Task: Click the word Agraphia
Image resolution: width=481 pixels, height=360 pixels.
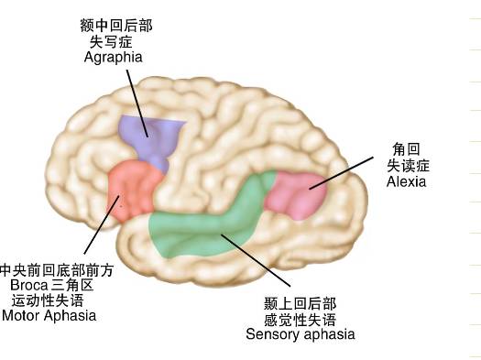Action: point(114,58)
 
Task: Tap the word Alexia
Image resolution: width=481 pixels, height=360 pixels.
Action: point(406,181)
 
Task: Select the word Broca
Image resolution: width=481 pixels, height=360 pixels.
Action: point(29,285)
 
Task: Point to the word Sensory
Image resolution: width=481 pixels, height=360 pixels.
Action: point(274,334)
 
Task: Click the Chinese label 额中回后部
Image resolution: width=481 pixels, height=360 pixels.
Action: point(116,26)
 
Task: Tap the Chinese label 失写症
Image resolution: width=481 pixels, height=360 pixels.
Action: point(111,42)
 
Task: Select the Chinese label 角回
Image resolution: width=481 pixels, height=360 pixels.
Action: point(406,149)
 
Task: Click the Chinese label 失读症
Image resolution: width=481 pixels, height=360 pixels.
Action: point(408,166)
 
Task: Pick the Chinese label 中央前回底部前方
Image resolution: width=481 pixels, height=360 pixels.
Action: point(57,270)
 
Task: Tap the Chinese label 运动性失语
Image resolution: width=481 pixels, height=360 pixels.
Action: point(48,300)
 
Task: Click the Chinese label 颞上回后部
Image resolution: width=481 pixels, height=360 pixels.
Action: point(300,303)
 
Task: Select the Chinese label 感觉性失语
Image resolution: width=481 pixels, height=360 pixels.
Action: point(300,320)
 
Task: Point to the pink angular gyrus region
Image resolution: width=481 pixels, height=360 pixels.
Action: point(296,195)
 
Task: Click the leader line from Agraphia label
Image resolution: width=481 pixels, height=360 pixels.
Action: point(137,104)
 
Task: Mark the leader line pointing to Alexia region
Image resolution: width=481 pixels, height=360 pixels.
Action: point(341,173)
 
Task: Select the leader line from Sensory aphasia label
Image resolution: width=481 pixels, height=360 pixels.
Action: point(256,260)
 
